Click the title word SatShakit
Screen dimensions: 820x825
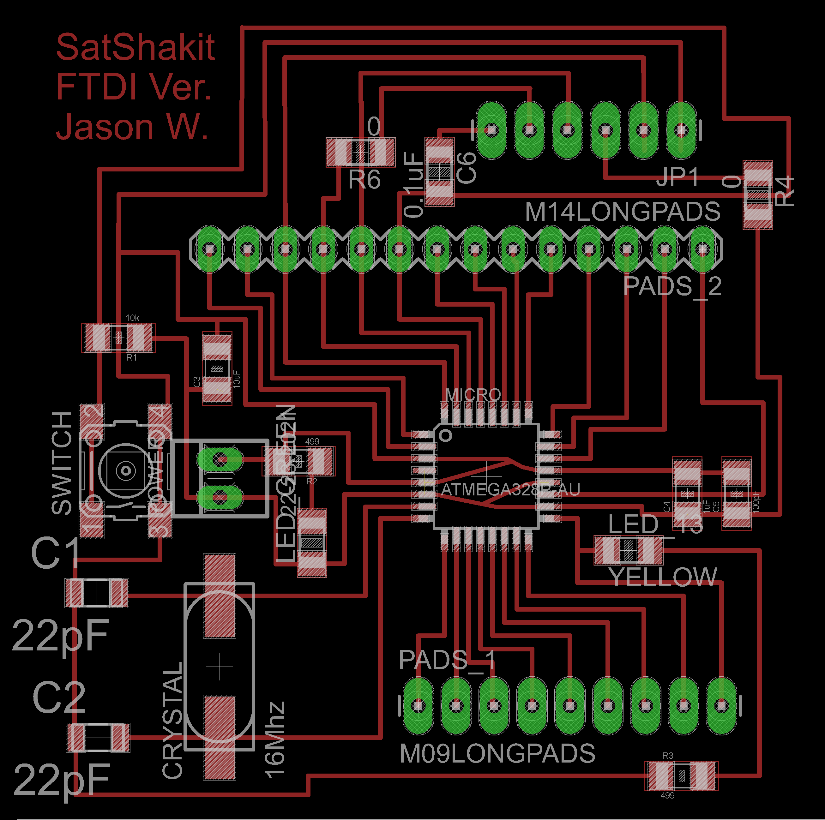[x=135, y=47]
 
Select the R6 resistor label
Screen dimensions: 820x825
[x=364, y=179]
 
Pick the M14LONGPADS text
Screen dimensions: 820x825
[x=623, y=212]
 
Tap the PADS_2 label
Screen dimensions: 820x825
[x=672, y=286]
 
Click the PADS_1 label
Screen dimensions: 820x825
[x=447, y=660]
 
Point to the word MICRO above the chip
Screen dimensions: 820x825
[x=473, y=394]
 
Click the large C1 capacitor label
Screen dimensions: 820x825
[x=56, y=553]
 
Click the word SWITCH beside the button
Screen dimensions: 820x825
[x=62, y=463]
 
